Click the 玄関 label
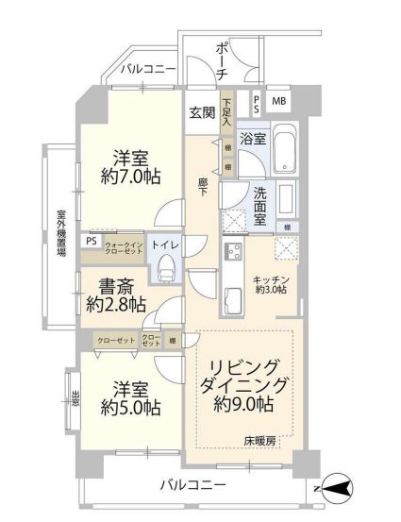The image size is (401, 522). (202, 112)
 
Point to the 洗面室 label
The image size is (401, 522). (263, 207)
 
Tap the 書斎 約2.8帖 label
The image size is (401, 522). (115, 295)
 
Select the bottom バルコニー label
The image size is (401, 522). (192, 486)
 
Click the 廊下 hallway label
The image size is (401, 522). (204, 187)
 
